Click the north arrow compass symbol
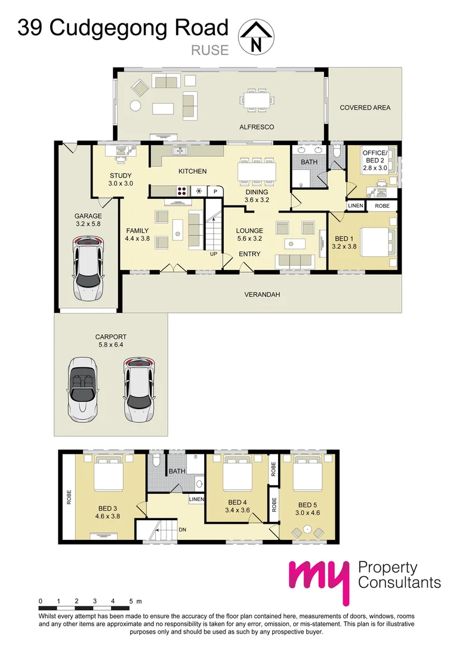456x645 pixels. point(257,37)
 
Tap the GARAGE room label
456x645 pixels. point(88,216)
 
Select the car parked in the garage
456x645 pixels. point(88,268)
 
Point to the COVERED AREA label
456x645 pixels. point(365,107)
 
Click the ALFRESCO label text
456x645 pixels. point(257,127)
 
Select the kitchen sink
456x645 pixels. point(180,151)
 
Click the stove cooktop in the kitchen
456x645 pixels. point(182,191)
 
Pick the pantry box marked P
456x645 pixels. point(215,191)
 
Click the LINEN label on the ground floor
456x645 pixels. point(356,205)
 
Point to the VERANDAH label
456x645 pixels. point(262,294)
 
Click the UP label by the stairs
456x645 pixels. point(214,254)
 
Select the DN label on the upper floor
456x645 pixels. point(183,529)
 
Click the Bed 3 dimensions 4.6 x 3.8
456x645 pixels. point(107,516)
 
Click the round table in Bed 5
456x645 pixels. point(307,529)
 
